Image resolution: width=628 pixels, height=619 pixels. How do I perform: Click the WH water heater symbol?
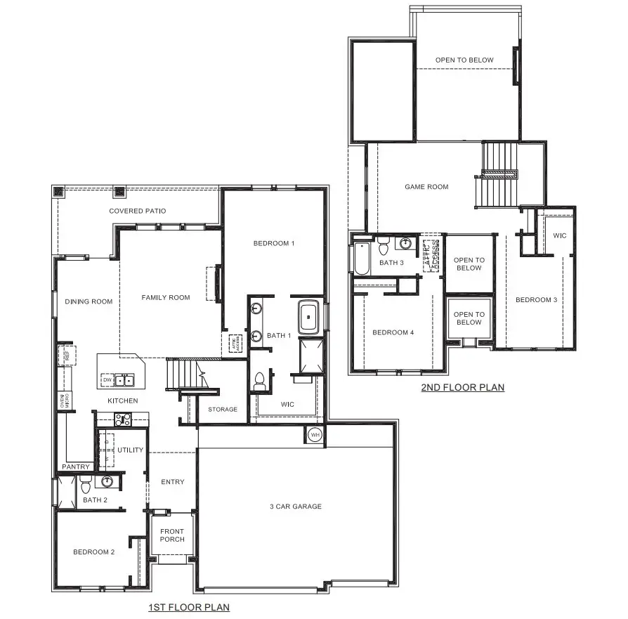pyautogui.click(x=314, y=434)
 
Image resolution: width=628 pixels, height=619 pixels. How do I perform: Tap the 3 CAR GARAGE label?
pyautogui.click(x=296, y=506)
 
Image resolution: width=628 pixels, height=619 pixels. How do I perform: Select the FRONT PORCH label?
pyautogui.click(x=172, y=535)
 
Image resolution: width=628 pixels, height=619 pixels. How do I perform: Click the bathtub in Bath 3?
pyautogui.click(x=361, y=259)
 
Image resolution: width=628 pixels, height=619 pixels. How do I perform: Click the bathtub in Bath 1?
pyautogui.click(x=309, y=317)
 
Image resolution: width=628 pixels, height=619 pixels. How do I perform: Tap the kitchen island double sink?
pyautogui.click(x=125, y=381)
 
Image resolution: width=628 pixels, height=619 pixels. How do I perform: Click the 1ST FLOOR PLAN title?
pyautogui.click(x=189, y=607)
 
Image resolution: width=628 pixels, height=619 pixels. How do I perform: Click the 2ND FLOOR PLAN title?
pyautogui.click(x=462, y=387)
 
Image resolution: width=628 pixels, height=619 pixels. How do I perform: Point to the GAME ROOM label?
pyautogui.click(x=426, y=187)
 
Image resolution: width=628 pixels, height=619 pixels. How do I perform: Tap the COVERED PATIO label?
pyautogui.click(x=138, y=211)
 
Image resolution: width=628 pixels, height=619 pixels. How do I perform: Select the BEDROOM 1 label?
pyautogui.click(x=273, y=243)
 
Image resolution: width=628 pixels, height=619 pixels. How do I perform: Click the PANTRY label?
pyautogui.click(x=76, y=467)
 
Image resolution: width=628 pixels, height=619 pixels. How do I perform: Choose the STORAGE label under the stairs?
pyautogui.click(x=223, y=409)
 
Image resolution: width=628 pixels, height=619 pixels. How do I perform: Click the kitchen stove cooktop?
pyautogui.click(x=124, y=419)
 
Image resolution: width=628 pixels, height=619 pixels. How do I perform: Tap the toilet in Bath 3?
pyautogui.click(x=384, y=248)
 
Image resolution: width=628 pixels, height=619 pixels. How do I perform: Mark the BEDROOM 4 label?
pyautogui.click(x=393, y=332)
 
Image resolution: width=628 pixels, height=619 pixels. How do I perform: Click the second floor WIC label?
pyautogui.click(x=560, y=235)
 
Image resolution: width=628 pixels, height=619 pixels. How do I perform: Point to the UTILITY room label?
pyautogui.click(x=130, y=450)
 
